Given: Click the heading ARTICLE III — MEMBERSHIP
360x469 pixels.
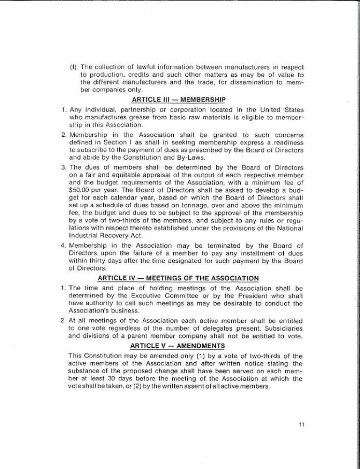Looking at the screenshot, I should tap(178, 100).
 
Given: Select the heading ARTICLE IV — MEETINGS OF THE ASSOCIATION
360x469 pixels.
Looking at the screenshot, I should tap(178, 278).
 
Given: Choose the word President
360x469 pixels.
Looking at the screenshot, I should tap(247, 296).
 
